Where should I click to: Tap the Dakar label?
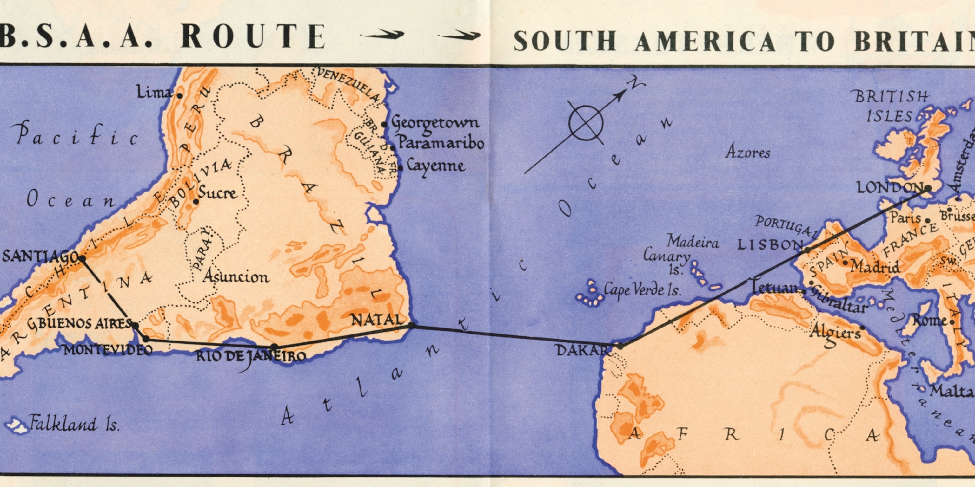(583, 350)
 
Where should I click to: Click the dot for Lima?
(180, 96)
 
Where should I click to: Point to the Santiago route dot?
(82, 259)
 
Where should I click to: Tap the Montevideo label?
(108, 350)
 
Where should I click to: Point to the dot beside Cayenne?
(400, 166)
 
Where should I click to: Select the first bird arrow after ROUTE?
(382, 35)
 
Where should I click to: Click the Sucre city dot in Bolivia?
(196, 202)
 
